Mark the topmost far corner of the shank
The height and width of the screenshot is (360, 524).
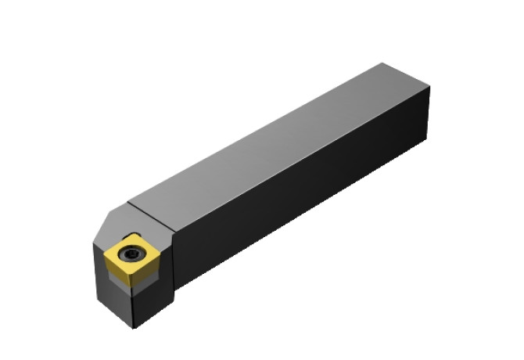381,63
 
